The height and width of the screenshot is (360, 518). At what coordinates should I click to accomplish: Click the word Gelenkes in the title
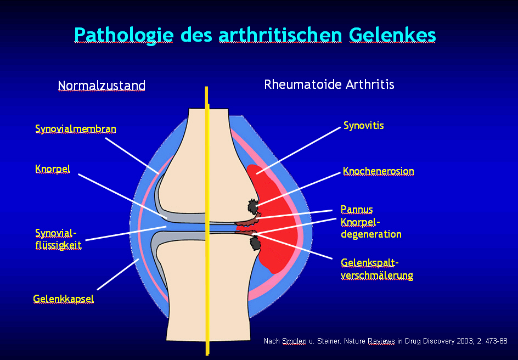pos(392,35)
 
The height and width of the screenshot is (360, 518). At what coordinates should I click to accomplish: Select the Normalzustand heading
pos(102,86)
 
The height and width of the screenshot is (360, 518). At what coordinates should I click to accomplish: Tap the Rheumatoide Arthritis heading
pos(329,85)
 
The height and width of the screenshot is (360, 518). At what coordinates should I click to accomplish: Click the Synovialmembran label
pos(76,129)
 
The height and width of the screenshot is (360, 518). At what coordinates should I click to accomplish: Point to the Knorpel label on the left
pos(53,169)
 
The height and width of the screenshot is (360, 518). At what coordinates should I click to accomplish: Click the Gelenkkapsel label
pos(63,299)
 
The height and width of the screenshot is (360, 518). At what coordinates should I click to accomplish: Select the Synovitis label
pos(364,126)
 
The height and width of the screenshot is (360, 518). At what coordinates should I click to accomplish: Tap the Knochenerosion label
pos(379,171)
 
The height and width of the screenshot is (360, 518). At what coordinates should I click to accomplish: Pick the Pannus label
pos(357,209)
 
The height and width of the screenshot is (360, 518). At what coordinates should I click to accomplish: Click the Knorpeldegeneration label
pos(371,228)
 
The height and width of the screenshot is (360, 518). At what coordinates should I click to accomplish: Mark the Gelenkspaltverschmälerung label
pos(377,269)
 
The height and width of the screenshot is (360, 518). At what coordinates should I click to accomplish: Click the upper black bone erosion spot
pos(252,206)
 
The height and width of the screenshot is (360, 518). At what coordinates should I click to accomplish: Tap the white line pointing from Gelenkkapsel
pos(118,274)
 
